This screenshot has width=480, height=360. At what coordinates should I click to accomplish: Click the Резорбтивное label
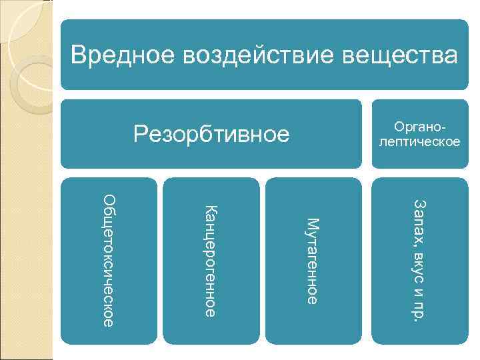211,134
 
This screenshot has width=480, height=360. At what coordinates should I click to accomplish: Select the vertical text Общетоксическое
111,259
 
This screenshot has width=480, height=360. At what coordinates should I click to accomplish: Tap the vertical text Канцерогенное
209,261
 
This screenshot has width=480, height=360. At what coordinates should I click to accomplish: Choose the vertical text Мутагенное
312,261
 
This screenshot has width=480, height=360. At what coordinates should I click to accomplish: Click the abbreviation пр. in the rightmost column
419,309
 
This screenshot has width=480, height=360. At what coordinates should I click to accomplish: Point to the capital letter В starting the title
79,55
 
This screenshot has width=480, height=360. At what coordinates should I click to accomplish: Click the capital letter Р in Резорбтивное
140,134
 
